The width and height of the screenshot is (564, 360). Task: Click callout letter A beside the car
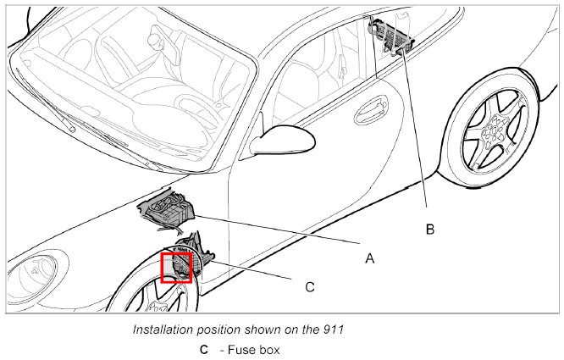click(x=369, y=258)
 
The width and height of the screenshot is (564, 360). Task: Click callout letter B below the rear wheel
click(x=429, y=229)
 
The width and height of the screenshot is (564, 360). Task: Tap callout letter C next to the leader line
click(x=309, y=287)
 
